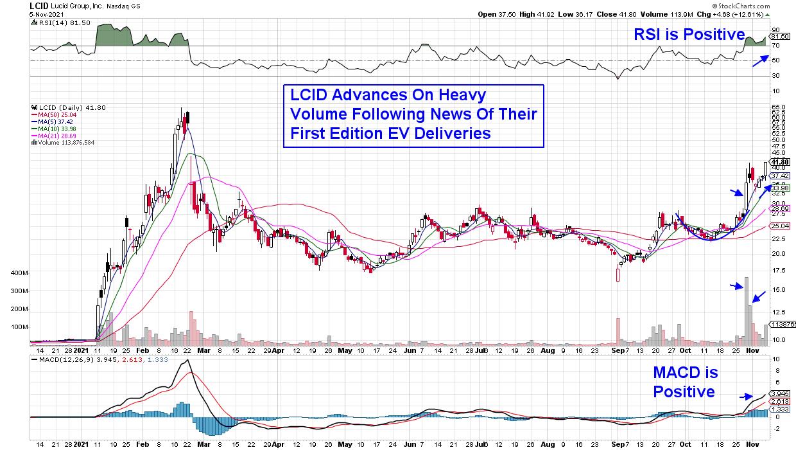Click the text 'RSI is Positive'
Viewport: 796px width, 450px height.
point(689,34)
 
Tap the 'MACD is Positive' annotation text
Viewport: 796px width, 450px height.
point(685,382)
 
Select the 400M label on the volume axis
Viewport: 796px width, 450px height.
point(19,273)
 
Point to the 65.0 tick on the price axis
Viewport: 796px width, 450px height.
point(778,107)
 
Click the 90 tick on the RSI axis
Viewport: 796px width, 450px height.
point(775,30)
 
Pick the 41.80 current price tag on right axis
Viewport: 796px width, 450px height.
point(780,162)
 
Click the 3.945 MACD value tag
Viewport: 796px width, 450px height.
point(780,393)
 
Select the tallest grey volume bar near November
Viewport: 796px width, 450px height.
point(747,309)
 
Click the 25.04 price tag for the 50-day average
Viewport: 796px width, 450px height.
point(780,226)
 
